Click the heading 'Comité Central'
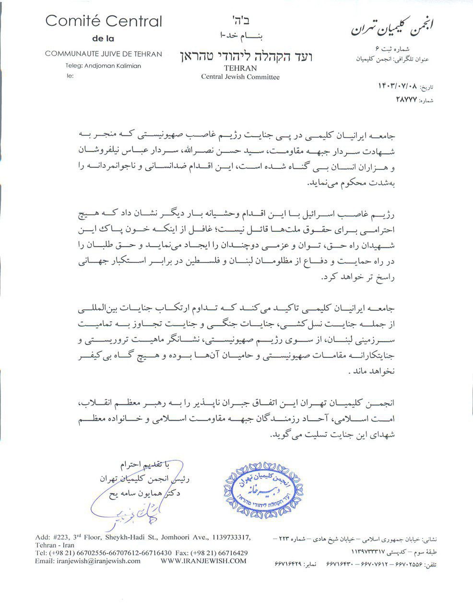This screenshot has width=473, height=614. (x=103, y=22)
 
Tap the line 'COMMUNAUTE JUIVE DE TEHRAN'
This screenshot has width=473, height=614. (x=103, y=54)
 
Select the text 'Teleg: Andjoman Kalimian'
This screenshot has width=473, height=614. (x=103, y=66)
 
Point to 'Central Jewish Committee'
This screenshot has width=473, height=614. (x=240, y=76)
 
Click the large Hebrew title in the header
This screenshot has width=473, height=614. (x=240, y=56)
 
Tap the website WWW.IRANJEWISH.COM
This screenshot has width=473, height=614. (x=203, y=561)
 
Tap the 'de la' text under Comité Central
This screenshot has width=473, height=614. (x=103, y=38)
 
